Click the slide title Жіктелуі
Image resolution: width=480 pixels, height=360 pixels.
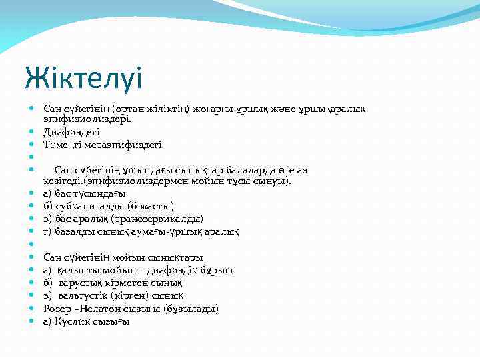pyautogui.click(x=83, y=78)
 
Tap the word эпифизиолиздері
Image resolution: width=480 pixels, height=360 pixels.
pyautogui.click(x=87, y=119)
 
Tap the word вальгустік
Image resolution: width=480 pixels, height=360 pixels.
pyautogui.click(x=85, y=295)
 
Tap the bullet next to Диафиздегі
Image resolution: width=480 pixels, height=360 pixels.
pyautogui.click(x=32, y=132)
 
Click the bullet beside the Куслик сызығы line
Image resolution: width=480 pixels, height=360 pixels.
pyautogui.click(x=32, y=321)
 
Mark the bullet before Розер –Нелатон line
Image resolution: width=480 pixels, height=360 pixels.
pyautogui.click(x=32, y=309)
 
